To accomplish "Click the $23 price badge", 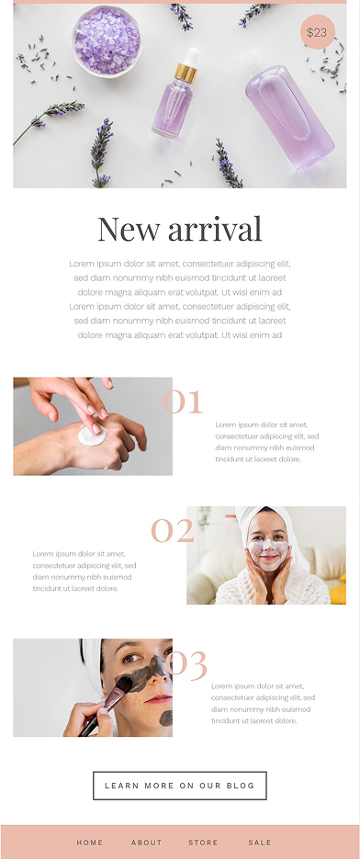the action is [317, 32].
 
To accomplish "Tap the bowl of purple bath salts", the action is [107, 40].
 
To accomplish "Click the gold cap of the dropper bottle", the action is [186, 73].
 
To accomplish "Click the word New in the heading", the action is [129, 230].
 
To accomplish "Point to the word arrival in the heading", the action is [215, 230].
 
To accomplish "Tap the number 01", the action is [183, 402].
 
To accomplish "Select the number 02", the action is [173, 530].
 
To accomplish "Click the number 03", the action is [186, 663].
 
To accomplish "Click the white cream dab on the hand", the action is [92, 436].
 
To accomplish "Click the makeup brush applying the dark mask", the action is [107, 706].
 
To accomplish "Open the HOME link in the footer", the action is [90, 843].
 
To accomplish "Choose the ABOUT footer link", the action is [146, 843].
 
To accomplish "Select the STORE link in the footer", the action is [203, 843].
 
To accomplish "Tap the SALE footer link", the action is [260, 843].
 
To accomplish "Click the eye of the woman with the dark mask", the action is [131, 659].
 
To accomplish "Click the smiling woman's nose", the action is [268, 547].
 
